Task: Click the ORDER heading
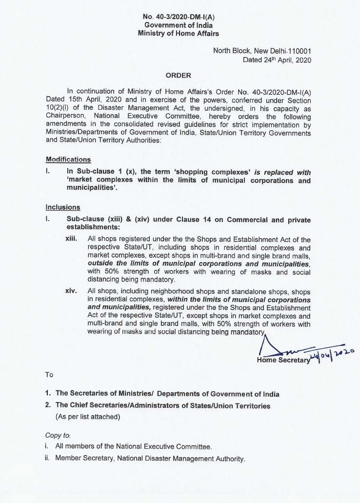pyautogui.click(x=178, y=76)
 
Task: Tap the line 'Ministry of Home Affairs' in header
pyautogui.click(x=178, y=33)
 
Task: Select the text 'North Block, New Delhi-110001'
pyautogui.click(x=262, y=51)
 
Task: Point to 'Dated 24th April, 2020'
pyautogui.click(x=277, y=60)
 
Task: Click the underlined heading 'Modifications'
pyautogui.click(x=68, y=160)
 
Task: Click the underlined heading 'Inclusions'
pyautogui.click(x=63, y=207)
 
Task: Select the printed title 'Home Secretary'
pyautogui.click(x=283, y=361)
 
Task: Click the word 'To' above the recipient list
pyautogui.click(x=49, y=375)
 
